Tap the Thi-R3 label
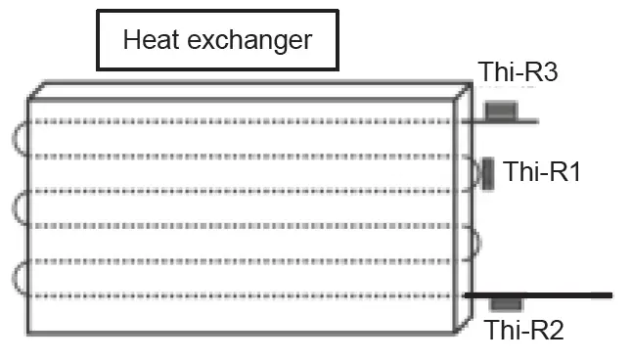(518, 71)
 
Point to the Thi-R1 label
(542, 172)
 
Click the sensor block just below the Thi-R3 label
(501, 110)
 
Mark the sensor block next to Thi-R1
(486, 173)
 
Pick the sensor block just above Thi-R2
(506, 303)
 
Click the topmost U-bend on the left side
(21, 139)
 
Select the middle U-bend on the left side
(21, 208)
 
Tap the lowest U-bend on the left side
(21, 278)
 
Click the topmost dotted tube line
(245, 121)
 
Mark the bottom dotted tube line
(245, 295)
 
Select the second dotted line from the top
(245, 157)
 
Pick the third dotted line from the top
(245, 191)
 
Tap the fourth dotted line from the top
(245, 226)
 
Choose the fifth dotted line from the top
(245, 260)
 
